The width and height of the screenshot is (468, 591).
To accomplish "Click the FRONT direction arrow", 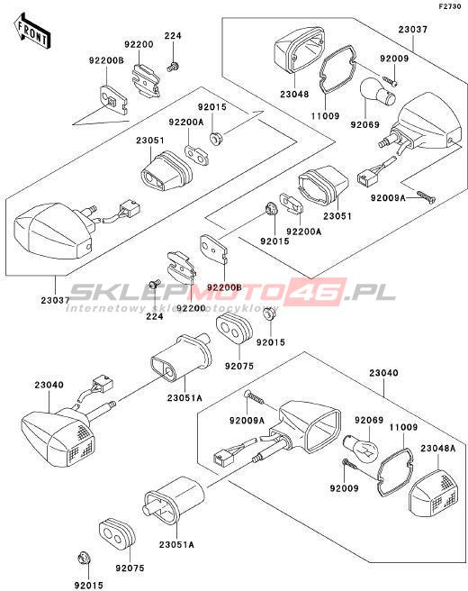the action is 32,32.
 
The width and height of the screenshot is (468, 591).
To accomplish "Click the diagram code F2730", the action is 450,7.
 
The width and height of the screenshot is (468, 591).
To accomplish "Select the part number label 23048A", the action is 438,448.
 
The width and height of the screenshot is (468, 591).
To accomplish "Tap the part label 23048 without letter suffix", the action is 294,94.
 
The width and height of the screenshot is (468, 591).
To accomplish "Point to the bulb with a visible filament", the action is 362,448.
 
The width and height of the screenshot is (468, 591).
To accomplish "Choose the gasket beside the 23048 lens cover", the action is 337,68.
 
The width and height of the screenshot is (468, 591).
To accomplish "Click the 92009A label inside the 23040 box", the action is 247,420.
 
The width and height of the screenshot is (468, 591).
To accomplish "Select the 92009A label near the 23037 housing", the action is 388,197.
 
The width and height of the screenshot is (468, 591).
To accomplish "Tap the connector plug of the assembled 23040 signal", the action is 102,384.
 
